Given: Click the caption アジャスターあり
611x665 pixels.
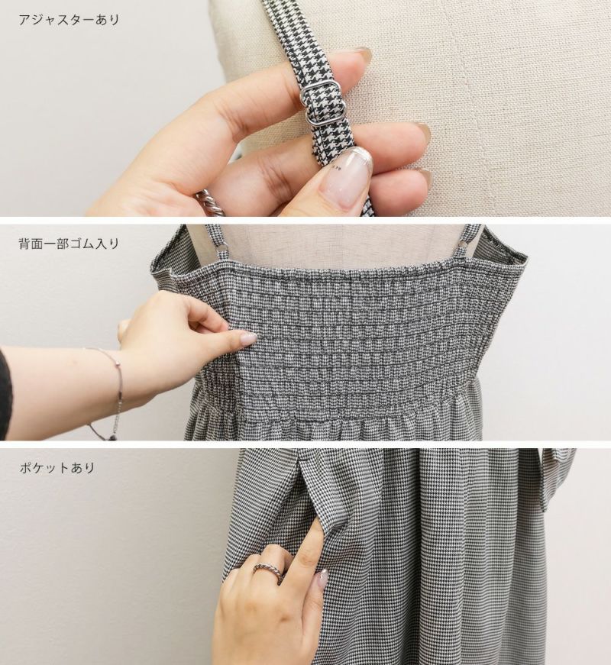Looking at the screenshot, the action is [69, 20].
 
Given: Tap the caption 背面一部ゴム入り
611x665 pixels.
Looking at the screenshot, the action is [69, 244].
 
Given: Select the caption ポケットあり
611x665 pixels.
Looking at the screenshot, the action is [57, 468].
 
